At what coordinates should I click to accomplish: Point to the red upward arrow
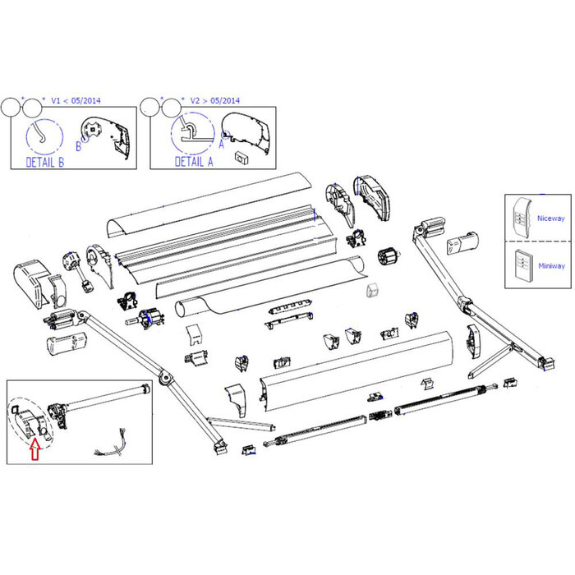[34, 449]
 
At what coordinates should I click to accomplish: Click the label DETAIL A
[194, 162]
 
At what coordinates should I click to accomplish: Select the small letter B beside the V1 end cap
[79, 147]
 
